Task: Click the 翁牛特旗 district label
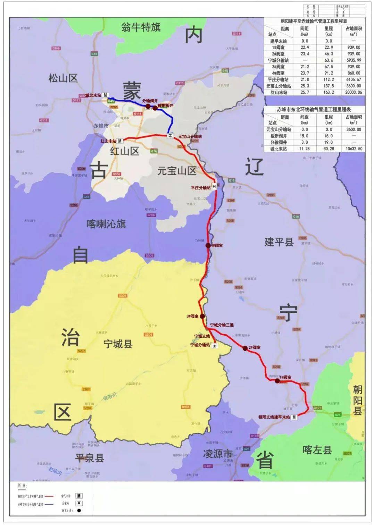[141, 27]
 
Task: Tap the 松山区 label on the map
[63, 78]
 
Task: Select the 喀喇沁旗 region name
[106, 224]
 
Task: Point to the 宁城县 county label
[118, 344]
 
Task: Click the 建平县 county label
[279, 242]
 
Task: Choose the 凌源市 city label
[218, 454]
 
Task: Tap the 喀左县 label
[317, 450]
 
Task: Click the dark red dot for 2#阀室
[245, 348]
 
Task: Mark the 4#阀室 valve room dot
[208, 245]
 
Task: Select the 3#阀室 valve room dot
[202, 316]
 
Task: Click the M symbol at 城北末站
[105, 95]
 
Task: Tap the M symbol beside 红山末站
[120, 141]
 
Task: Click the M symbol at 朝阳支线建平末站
[294, 417]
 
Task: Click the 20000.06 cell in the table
[353, 93]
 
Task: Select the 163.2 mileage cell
[328, 93]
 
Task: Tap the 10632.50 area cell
[353, 149]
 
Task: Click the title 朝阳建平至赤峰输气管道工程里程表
[314, 21]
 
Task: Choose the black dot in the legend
[79, 511]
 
